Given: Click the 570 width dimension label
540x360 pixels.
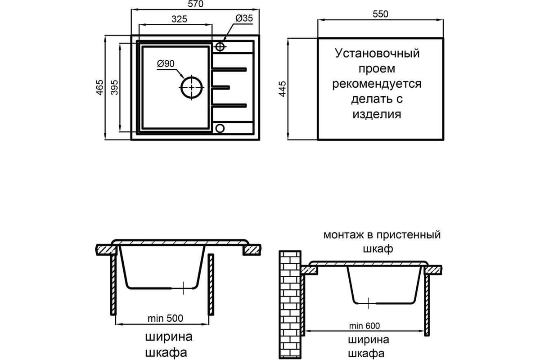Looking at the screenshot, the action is coord(195,4).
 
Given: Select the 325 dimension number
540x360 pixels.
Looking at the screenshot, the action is coord(180,19).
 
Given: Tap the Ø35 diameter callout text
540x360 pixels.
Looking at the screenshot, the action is coord(244,18).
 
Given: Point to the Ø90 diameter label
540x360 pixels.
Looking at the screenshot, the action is coord(166,63).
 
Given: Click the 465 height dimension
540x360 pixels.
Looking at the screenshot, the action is coord(100,87).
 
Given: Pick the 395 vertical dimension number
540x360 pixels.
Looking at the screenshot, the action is coord(115,87).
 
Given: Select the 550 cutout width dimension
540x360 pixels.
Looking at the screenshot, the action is coord(380,14).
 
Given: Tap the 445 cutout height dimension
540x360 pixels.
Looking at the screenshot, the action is coord(282,89).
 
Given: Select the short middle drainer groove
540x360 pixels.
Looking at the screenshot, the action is coord(220,87).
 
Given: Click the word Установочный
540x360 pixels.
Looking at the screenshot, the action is coord(377,53).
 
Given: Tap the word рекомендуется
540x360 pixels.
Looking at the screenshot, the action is coord(377,84).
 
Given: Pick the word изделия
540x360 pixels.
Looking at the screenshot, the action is coord(377,114).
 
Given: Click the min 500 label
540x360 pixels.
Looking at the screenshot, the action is coord(166,319).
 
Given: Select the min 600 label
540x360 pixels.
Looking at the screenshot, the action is coord(364,326).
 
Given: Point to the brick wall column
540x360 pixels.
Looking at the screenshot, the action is coord(290,305).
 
